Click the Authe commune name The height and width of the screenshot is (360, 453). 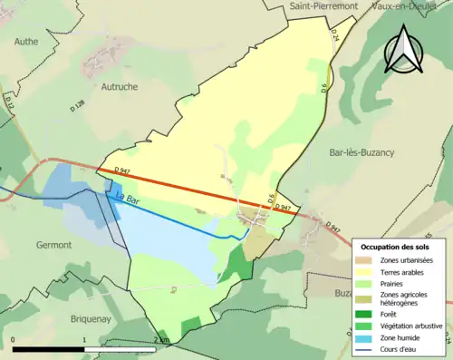point(28,41)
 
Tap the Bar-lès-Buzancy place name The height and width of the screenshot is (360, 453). point(362,152)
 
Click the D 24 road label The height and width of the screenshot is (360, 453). point(334,37)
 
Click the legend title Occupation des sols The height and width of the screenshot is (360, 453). point(397,247)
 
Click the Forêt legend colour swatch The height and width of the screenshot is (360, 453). point(366,315)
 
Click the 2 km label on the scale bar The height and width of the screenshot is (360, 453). point(161,340)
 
